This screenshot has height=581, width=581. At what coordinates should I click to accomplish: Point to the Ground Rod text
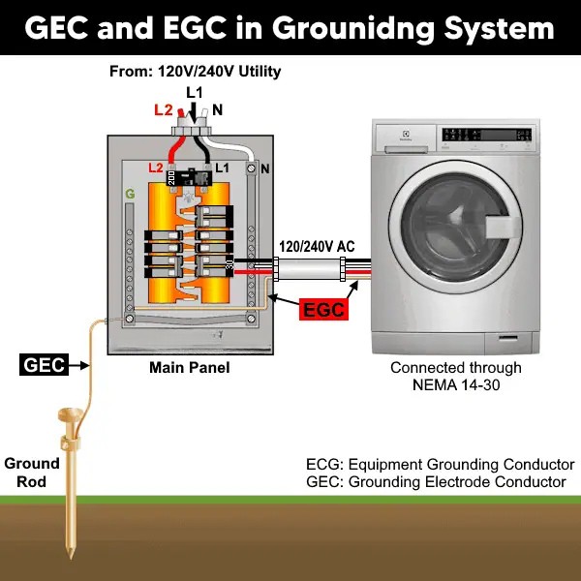point(32,472)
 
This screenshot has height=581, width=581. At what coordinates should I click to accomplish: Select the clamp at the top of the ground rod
point(70,420)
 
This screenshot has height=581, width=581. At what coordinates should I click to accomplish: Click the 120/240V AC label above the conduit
point(318,246)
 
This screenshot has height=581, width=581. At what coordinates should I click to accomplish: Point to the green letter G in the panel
point(130,195)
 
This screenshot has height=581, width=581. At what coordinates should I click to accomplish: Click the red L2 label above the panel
point(164,109)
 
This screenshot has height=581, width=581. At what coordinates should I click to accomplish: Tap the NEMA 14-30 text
point(456,384)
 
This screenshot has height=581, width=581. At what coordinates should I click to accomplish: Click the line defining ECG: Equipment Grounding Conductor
point(434,463)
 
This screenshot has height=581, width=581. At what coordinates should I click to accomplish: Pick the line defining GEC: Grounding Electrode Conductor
point(436,481)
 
